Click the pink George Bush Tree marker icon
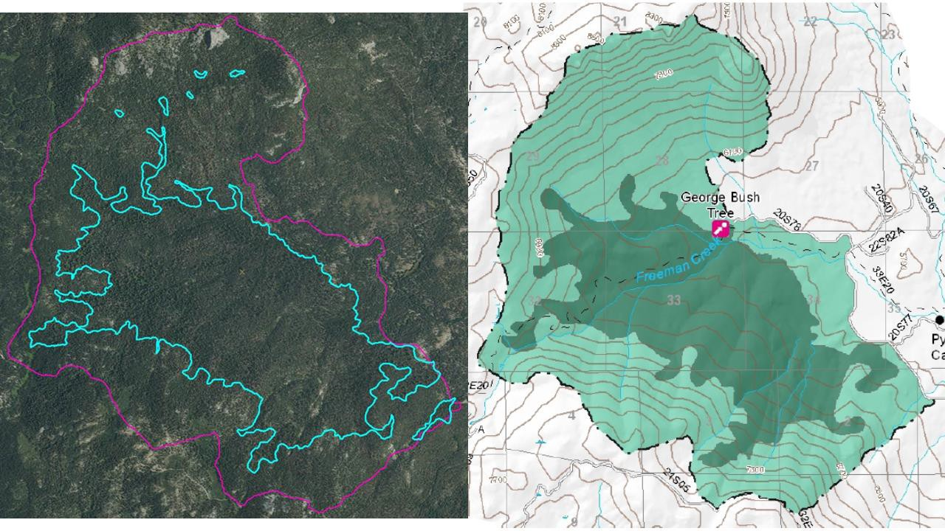(721, 229)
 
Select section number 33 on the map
(673, 300)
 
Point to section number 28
(661, 162)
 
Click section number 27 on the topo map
(811, 166)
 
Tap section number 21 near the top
(619, 21)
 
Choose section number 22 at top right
(810, 21)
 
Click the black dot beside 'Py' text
(939, 319)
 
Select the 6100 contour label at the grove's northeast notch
(732, 152)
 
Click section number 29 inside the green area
(533, 156)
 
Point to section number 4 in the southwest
(571, 416)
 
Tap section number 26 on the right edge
(921, 159)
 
